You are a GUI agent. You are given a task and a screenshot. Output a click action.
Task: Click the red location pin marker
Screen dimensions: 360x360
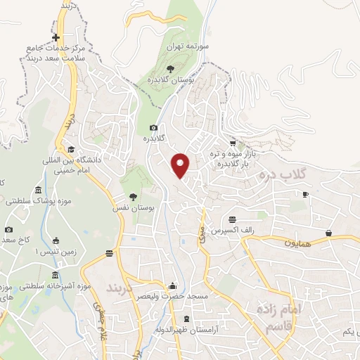(181, 165)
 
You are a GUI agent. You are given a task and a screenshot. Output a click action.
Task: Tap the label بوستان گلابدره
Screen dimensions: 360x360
(171, 81)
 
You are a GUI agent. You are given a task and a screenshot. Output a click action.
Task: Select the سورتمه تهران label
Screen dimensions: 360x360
(184, 46)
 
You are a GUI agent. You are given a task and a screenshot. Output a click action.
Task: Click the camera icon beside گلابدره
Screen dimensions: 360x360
(154, 127)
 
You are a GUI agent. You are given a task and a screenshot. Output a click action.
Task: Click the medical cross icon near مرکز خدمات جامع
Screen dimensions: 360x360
(56, 37)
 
